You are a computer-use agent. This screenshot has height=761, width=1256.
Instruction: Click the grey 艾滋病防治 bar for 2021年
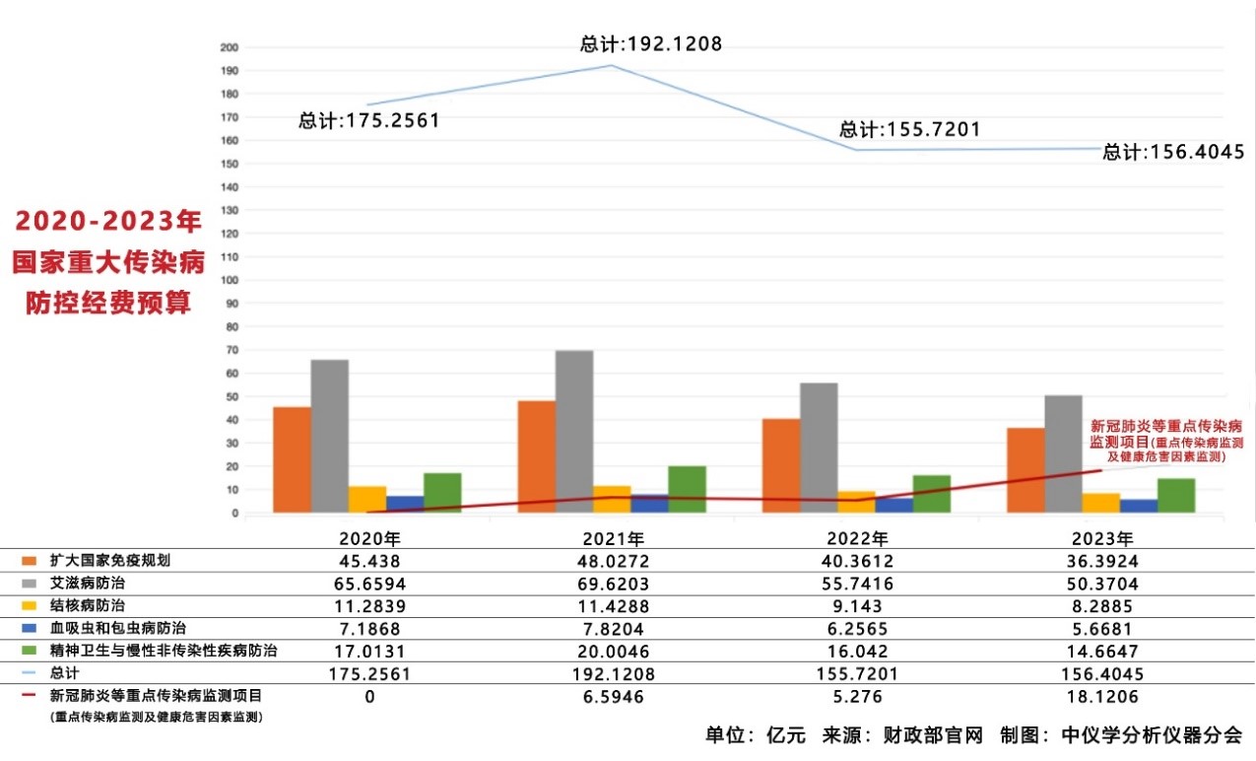coord(574,432)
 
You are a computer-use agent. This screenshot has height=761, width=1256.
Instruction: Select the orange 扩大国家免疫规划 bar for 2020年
coord(292,459)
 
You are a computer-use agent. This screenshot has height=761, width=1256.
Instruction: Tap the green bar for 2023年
coord(1176,495)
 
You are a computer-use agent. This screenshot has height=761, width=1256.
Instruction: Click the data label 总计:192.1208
coord(651,44)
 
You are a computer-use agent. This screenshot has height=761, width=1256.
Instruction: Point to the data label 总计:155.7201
coord(909,129)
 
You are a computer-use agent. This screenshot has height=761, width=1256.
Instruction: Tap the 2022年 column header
coord(861,539)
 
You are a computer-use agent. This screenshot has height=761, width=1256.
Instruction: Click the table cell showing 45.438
coord(370,561)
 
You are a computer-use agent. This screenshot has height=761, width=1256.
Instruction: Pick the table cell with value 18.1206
coord(1108,696)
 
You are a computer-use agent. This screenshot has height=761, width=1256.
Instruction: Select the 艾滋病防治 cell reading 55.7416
coord(861,584)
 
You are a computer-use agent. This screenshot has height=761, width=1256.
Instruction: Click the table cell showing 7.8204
coord(614,628)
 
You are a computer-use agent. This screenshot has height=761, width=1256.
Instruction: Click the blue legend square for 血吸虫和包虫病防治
coord(30,628)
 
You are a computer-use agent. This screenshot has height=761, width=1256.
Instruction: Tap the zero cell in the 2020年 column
coord(370,696)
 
